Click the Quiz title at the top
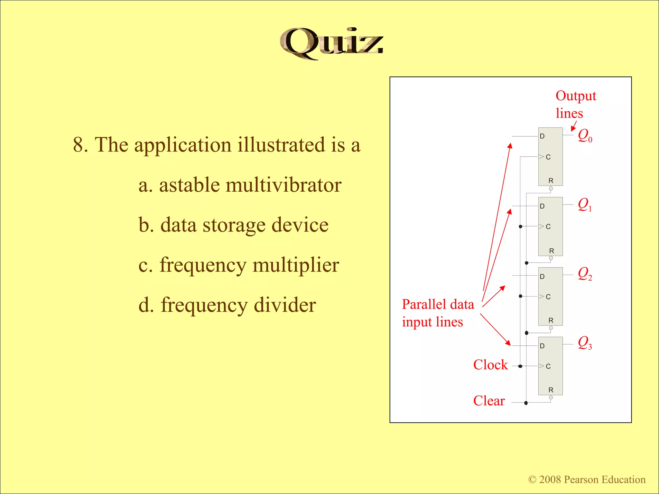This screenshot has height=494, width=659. point(331,43)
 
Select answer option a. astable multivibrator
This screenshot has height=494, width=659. point(240,185)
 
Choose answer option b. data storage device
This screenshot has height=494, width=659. point(233,225)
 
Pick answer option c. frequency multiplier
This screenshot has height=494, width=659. point(238,265)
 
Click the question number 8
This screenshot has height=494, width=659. point(80,145)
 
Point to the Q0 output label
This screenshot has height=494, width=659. point(585,135)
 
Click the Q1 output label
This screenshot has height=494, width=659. point(585,205)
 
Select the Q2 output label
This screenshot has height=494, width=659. point(585,274)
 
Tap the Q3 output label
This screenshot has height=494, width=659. point(585,343)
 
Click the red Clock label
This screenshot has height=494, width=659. point(490,365)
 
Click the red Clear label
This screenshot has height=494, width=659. point(489,401)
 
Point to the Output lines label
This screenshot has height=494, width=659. point(575,105)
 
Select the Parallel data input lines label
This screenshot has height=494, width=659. point(438,313)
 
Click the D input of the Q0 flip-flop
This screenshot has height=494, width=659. point(542,136)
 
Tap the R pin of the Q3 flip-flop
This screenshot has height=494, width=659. point(551,390)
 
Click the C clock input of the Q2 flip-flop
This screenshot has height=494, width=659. point(548,297)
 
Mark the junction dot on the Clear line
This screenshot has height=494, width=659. point(526,403)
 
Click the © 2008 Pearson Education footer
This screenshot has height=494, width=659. point(587,480)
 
